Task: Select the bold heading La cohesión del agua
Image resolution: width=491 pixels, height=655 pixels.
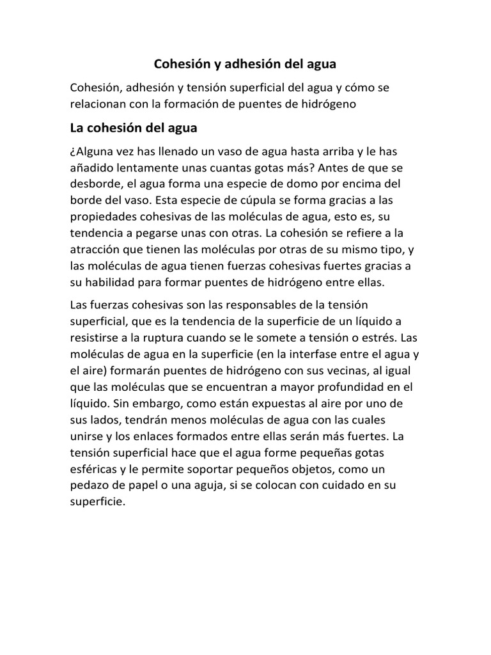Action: [134, 128]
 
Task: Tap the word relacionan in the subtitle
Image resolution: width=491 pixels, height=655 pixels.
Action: [100, 104]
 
